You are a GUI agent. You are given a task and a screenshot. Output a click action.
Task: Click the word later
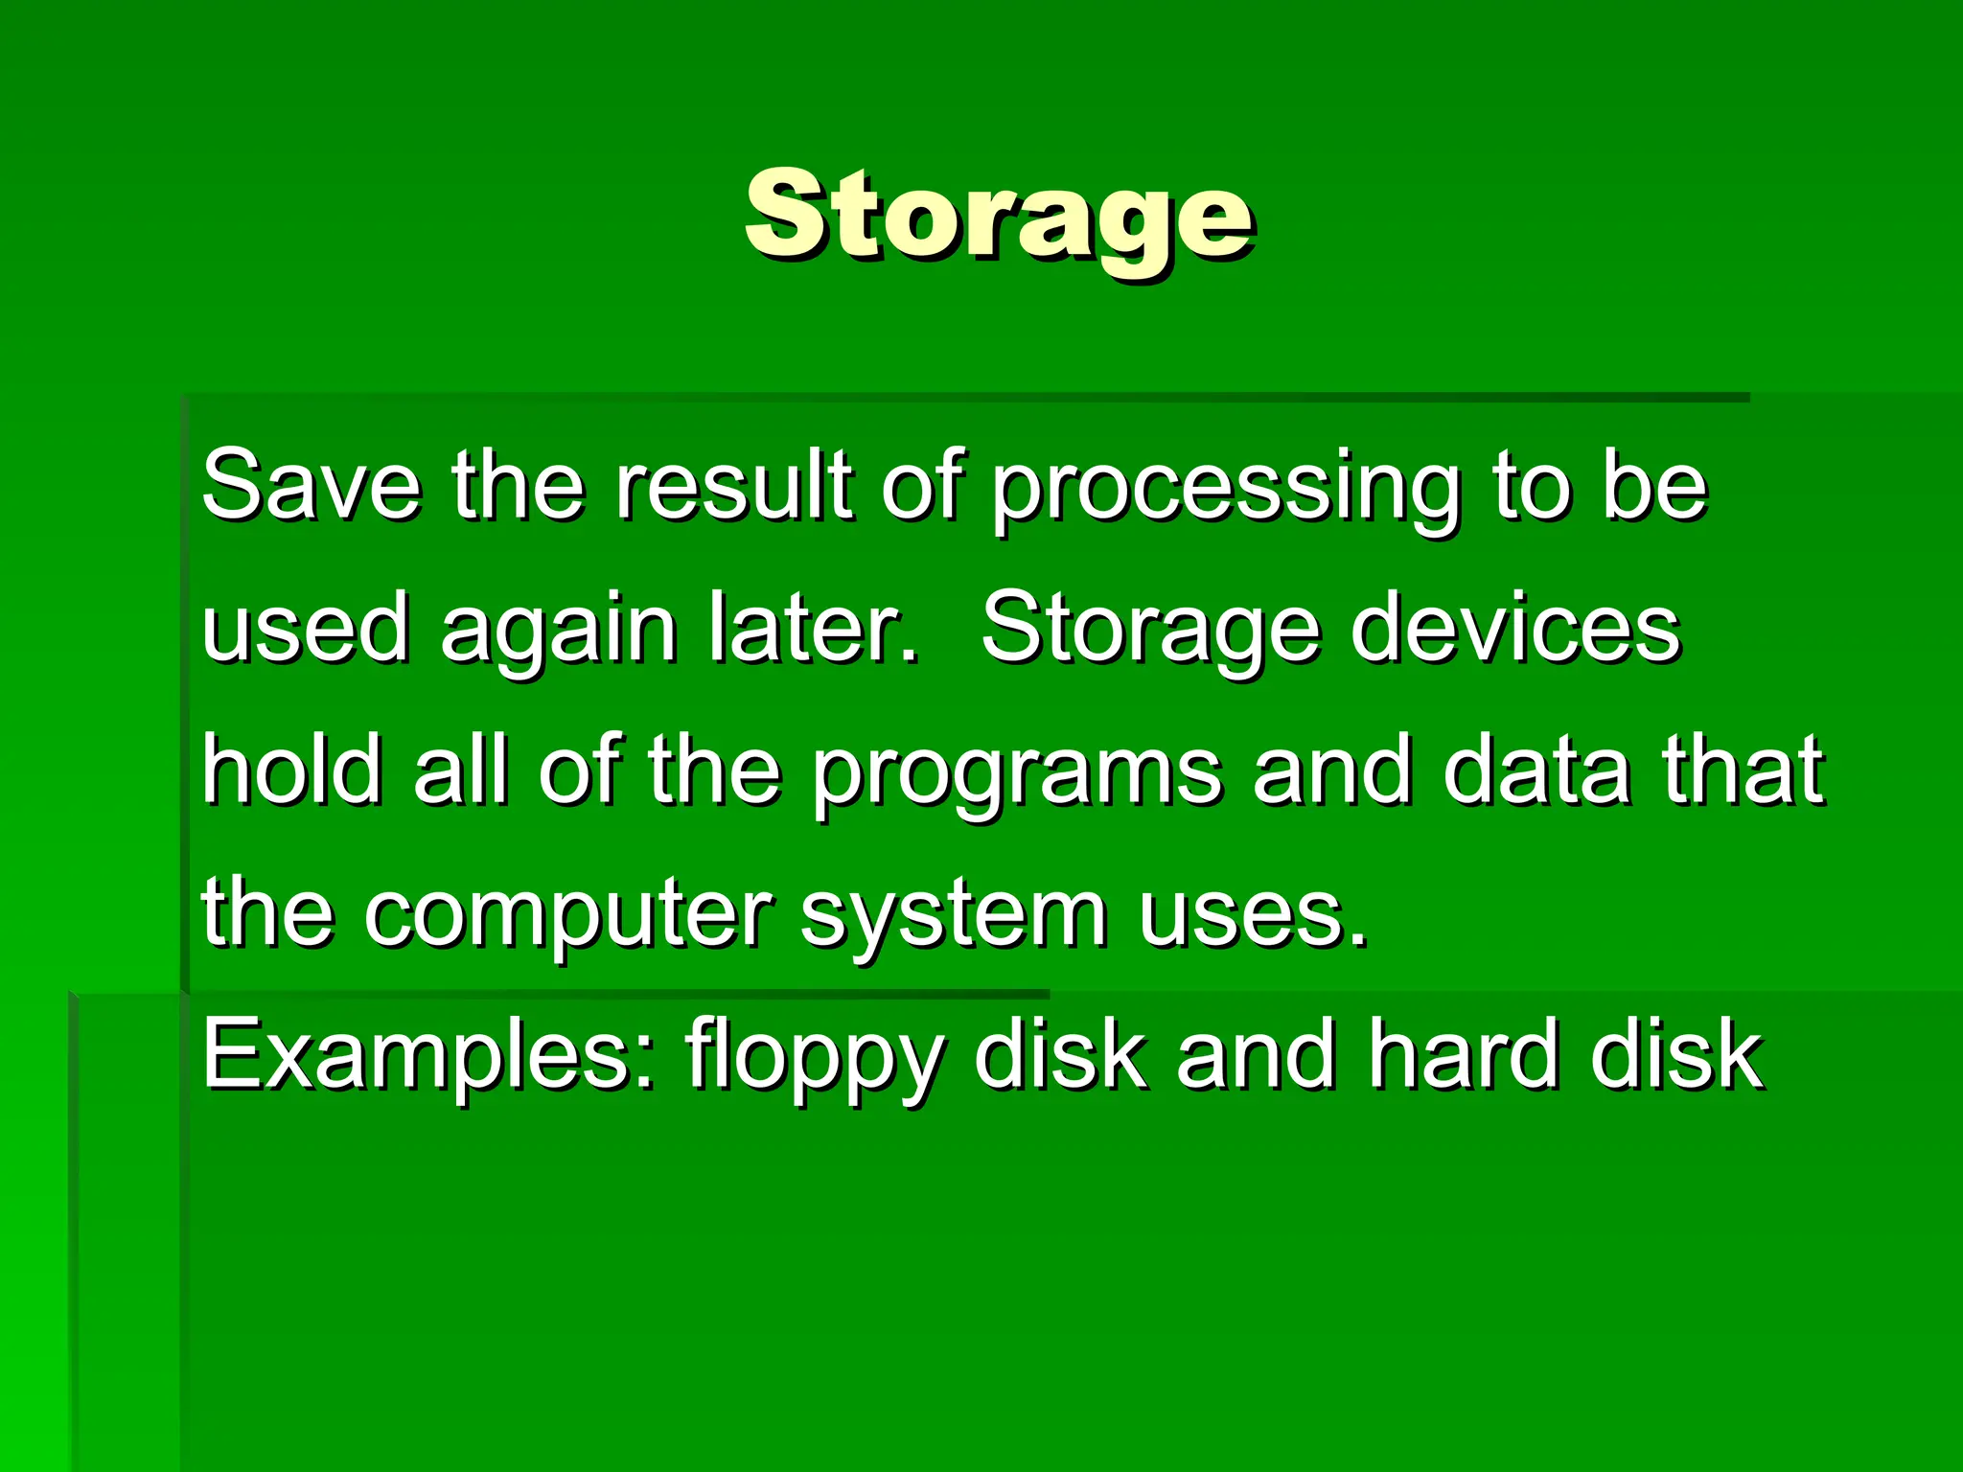click(814, 629)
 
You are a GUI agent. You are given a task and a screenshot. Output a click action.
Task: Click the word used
click(306, 629)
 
